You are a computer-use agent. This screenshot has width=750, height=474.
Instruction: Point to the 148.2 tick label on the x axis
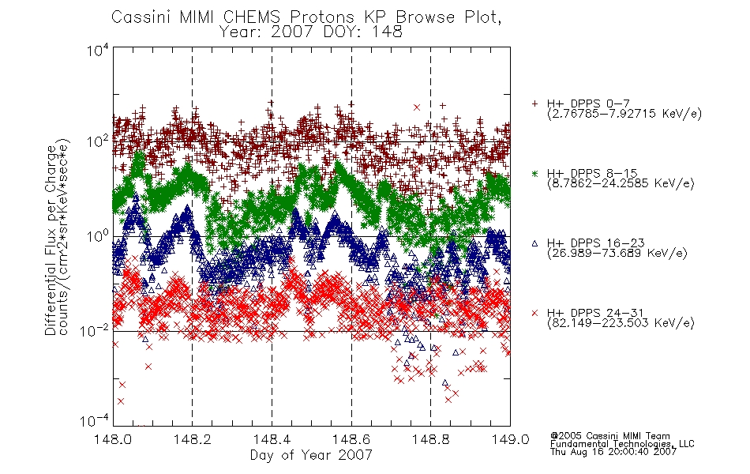(193, 439)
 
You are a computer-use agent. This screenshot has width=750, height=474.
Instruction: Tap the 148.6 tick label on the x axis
(351, 439)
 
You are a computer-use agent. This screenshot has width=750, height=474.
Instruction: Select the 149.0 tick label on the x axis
(510, 439)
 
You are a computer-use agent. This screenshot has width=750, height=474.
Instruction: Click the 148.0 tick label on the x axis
(113, 439)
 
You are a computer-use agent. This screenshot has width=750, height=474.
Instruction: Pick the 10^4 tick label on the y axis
(98, 50)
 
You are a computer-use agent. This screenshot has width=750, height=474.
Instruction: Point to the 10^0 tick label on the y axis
(98, 235)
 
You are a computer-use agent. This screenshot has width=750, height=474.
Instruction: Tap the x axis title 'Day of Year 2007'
(311, 455)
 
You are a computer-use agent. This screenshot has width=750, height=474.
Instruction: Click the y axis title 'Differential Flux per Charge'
(51, 240)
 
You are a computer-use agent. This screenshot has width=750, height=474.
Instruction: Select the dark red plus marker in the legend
(534, 103)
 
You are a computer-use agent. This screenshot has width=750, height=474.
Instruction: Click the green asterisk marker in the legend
(534, 173)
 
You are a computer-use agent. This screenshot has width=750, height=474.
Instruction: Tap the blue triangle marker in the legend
(534, 243)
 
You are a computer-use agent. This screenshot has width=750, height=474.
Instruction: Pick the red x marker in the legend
(534, 313)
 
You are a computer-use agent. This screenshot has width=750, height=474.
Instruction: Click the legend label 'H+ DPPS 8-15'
(592, 173)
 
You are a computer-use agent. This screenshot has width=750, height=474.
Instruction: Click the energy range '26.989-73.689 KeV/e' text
(617, 253)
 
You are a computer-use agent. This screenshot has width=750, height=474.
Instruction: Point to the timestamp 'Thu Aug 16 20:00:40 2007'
(613, 451)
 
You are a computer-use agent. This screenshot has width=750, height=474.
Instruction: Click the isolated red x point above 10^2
(417, 107)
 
